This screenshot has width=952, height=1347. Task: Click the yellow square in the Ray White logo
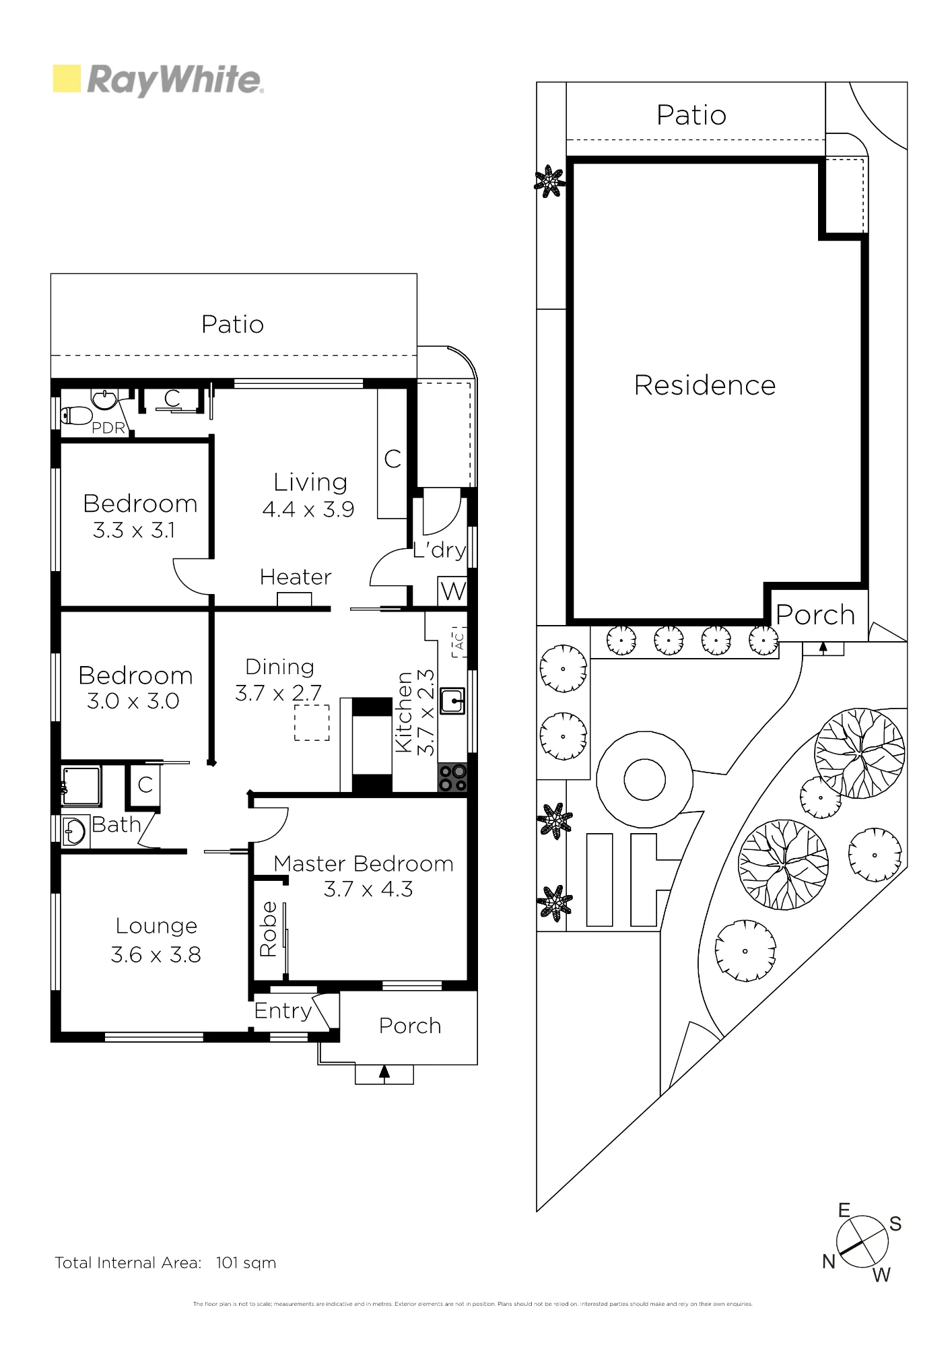pos(67,78)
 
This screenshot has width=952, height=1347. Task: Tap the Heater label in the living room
pos(296,577)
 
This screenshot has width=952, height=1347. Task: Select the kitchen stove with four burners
pos(452,777)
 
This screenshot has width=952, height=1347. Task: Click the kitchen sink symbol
pos(452,700)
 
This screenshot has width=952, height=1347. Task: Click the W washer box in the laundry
pos(452,591)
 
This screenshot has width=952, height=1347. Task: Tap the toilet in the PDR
pos(75,415)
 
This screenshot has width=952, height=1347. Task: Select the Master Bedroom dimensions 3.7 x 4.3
pos(368,889)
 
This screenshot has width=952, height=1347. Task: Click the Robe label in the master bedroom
pos(268,929)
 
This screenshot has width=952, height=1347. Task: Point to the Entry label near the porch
pos(283,1010)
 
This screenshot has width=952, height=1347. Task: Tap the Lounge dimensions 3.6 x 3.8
pos(156,954)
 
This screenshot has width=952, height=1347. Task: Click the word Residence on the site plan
pos(705,385)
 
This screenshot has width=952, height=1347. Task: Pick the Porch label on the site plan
pos(815,615)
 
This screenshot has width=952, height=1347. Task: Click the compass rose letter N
pos(829,1261)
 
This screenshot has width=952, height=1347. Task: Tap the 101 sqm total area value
pos(246,1263)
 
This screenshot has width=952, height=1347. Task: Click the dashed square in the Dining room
pos(312,723)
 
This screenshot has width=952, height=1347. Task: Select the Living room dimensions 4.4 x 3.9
pos(308,509)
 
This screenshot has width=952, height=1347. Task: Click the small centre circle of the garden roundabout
pos(644,780)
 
